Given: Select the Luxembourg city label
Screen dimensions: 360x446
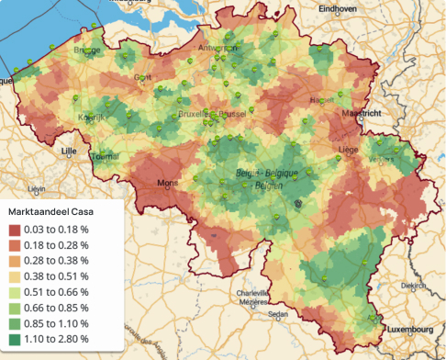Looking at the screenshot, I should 408,328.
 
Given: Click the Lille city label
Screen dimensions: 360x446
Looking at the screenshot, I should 68,150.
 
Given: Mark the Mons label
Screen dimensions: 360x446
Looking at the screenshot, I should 169,183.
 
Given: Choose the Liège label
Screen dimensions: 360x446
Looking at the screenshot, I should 348,147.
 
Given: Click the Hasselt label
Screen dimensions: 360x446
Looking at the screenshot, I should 322,99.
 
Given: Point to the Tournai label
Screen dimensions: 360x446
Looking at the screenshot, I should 106,156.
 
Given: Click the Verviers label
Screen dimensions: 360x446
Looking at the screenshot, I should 381,158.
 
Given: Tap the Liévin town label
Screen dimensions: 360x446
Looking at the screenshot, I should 37,188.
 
